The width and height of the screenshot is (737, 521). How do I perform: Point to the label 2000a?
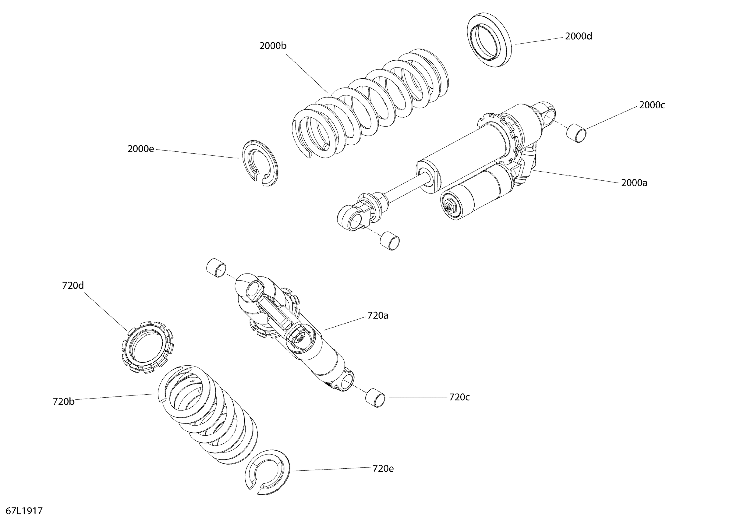(x=634, y=183)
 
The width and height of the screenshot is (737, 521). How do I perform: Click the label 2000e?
(x=141, y=149)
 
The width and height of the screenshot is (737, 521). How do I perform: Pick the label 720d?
(x=73, y=285)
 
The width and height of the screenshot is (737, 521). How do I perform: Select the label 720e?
(x=383, y=468)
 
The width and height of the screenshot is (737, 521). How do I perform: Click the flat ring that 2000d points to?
(x=489, y=40)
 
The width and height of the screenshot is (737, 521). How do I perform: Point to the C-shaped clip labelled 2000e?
(x=259, y=163)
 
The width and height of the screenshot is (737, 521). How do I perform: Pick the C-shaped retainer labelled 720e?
(x=267, y=472)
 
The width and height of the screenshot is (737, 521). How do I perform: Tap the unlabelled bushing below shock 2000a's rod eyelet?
(x=389, y=241)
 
